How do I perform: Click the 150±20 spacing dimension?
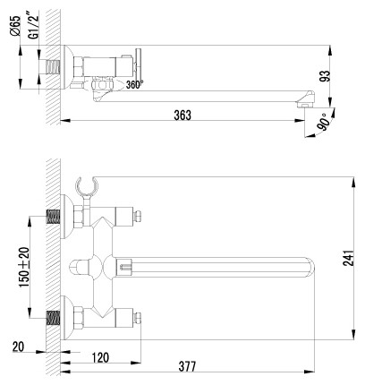coord(25,265)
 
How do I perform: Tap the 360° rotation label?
coord(133,86)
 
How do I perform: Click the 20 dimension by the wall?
coord(18,346)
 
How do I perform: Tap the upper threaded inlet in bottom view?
coord(54,217)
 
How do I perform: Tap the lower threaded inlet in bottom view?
coord(54,317)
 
